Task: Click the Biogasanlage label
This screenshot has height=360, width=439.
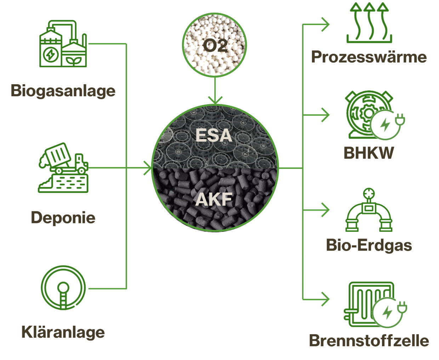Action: point(63,91)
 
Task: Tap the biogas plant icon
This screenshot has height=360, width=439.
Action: point(63,44)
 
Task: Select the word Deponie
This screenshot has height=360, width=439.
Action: point(63,218)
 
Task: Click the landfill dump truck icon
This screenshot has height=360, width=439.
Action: point(63,168)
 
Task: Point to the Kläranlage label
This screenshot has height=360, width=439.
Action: point(63,332)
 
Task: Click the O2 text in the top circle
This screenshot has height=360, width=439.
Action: point(215,46)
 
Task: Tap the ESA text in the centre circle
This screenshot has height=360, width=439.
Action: point(214,135)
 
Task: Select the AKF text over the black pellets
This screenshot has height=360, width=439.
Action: point(214,199)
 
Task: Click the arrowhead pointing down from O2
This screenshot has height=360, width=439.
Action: point(215,100)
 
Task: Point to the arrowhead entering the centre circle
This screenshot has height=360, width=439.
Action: point(148,168)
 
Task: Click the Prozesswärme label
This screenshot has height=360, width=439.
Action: point(369,57)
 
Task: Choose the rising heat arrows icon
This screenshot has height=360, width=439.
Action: point(369,23)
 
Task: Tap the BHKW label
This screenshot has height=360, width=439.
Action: point(369,153)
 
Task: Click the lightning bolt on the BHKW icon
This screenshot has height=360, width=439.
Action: point(385,125)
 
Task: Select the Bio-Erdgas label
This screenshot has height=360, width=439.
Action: point(369,246)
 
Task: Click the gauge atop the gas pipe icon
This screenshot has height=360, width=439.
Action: point(369,194)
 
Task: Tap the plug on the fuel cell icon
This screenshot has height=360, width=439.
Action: point(402,307)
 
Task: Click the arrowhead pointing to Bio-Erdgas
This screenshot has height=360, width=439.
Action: point(325,210)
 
